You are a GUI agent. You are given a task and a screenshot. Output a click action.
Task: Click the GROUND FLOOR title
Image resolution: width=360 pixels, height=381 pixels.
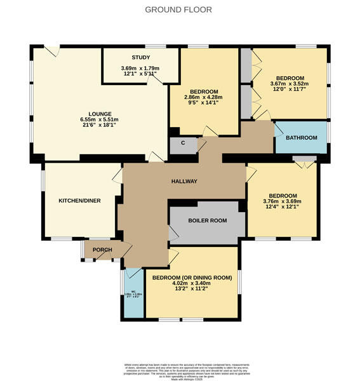pos(178,10)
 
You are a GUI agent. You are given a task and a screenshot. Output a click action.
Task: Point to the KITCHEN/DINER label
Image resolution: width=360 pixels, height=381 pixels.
pos(79,200)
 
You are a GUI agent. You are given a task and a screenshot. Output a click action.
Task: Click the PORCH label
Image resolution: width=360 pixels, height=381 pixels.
pos(102,250)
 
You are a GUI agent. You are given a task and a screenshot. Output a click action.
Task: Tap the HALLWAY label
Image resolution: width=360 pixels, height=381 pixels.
pos(184,182)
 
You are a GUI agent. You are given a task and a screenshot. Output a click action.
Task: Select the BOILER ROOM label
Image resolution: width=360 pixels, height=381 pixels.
pos(207,221)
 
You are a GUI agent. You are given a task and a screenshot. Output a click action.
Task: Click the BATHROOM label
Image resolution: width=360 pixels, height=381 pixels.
pos(301,138)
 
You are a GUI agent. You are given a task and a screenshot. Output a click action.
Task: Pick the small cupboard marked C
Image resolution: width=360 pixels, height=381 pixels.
pos(183,143)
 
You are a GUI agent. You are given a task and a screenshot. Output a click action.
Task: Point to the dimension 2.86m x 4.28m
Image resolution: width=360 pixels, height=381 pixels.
pos(201,97)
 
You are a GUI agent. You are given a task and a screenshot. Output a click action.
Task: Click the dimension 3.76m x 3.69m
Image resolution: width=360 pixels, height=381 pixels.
pos(282,202)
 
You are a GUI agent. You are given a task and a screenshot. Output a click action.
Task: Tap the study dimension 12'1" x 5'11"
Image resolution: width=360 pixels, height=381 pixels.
pos(140,74)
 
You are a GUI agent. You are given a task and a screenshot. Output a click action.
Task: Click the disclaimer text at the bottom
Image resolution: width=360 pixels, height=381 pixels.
pos(180,370)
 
